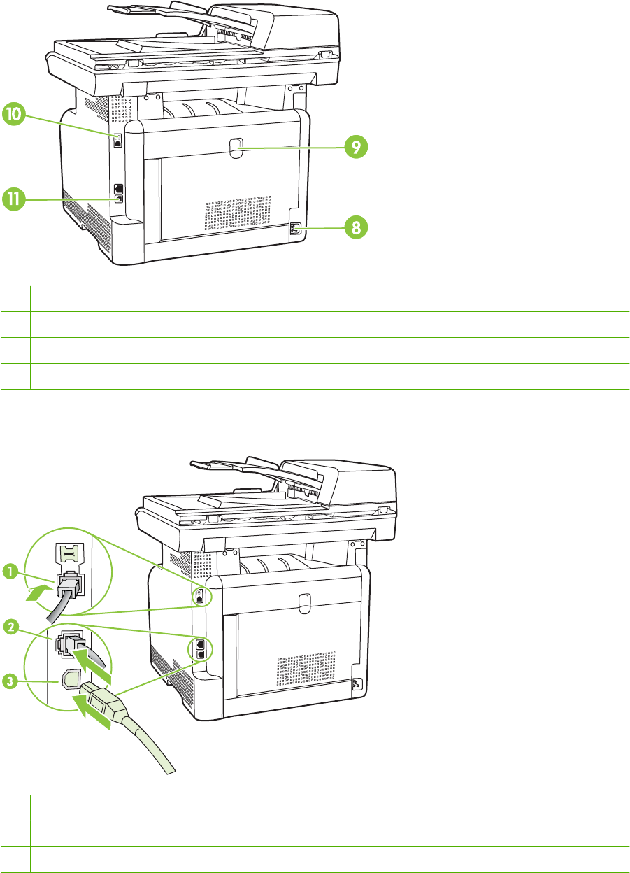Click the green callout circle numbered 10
coord(14,114)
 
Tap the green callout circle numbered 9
coord(356,147)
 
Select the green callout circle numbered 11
coord(14,199)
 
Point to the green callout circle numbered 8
coord(356,227)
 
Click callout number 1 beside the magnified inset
coord(10,572)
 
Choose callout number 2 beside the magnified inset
coord(11,627)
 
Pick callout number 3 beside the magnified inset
coord(10,681)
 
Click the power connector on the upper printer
coord(295,229)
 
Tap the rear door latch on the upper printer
coord(236,148)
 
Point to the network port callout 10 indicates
coord(118,141)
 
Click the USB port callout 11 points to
coord(119,199)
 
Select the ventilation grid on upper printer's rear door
coord(238,213)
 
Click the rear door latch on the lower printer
coord(305,603)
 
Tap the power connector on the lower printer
coord(357,684)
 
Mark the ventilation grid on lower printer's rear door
coord(306,669)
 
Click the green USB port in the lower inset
coord(70,680)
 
